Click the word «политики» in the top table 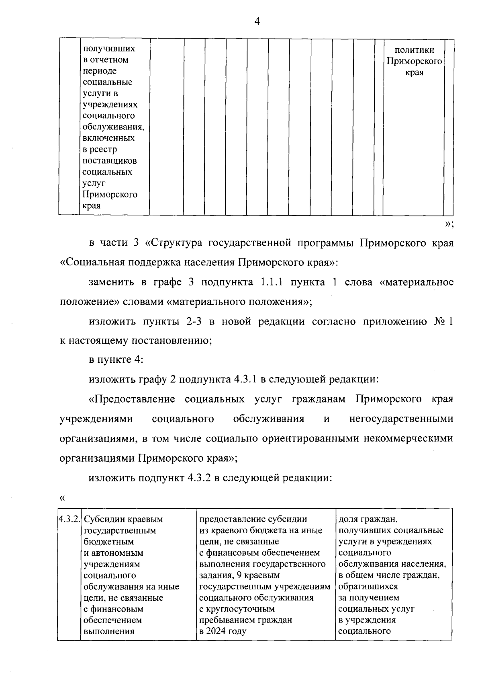[x=414, y=50]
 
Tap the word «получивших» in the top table [x=109, y=49]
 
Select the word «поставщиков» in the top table [x=110, y=161]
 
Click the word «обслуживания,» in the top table [x=113, y=127]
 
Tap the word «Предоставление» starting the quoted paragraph [x=132, y=399]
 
